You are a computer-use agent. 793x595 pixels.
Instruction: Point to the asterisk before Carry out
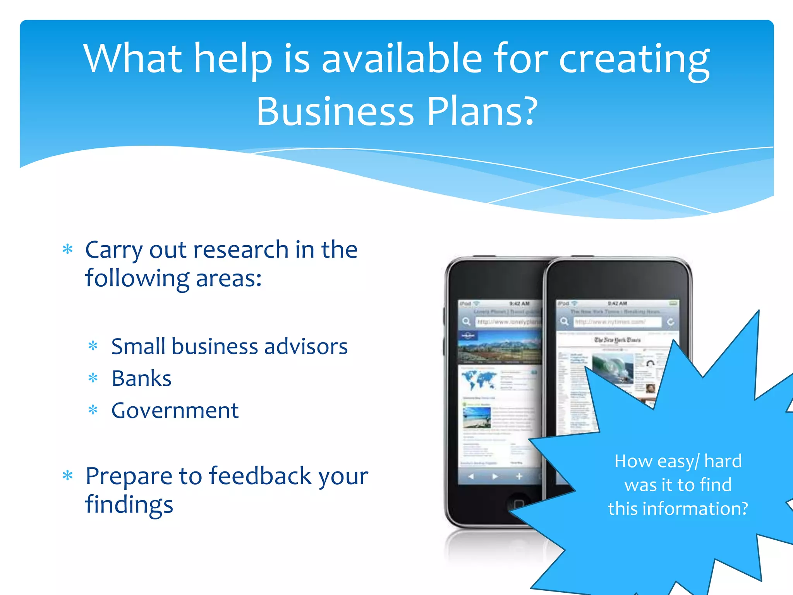click(x=68, y=249)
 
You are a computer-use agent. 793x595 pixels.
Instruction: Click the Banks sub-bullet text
click(x=141, y=378)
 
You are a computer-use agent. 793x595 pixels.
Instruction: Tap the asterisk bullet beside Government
click(x=93, y=410)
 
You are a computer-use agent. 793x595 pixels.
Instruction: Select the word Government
click(x=175, y=411)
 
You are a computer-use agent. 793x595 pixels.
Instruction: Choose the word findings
click(x=129, y=504)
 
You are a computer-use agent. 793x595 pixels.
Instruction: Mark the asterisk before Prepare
click(x=68, y=475)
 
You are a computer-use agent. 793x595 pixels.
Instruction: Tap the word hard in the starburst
click(x=723, y=461)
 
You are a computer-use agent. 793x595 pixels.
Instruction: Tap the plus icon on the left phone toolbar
click(x=519, y=476)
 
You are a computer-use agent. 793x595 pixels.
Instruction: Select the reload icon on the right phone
click(x=671, y=322)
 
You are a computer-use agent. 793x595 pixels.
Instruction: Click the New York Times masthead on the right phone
click(x=618, y=340)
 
